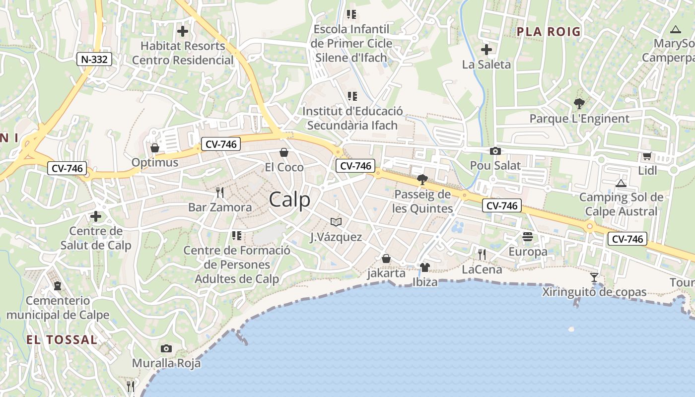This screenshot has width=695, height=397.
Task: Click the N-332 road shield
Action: coord(94,60)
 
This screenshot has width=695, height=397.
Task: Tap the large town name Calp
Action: coord(290,199)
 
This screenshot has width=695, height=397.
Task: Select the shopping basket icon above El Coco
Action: coord(284,152)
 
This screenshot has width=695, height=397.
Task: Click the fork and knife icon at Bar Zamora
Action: coord(220,192)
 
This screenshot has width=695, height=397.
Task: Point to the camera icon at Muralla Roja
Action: coord(166,348)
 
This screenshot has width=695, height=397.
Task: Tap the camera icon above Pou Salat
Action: coord(495,151)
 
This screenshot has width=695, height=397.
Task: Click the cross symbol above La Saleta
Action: coord(486,49)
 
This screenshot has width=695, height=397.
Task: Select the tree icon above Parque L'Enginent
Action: coord(579,104)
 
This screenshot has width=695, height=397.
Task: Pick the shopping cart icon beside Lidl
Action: coord(647,156)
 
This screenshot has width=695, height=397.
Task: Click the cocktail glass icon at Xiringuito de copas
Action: coord(594,277)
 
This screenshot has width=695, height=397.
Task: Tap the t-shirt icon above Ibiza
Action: coord(425,267)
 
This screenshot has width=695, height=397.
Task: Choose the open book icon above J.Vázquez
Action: coord(336,222)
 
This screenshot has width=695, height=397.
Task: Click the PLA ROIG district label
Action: coord(549,32)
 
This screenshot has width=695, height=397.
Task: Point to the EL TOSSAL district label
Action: coord(62,340)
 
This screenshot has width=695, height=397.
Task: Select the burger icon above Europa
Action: coord(528,237)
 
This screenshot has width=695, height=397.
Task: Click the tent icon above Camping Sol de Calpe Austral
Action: coord(621,183)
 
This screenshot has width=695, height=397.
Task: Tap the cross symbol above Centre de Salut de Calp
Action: coord(96,216)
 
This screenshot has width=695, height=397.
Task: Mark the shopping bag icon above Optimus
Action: coord(155,148)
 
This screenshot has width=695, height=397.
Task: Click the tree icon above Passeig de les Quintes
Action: coord(422,179)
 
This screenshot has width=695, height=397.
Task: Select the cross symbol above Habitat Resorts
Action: coord(183,31)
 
